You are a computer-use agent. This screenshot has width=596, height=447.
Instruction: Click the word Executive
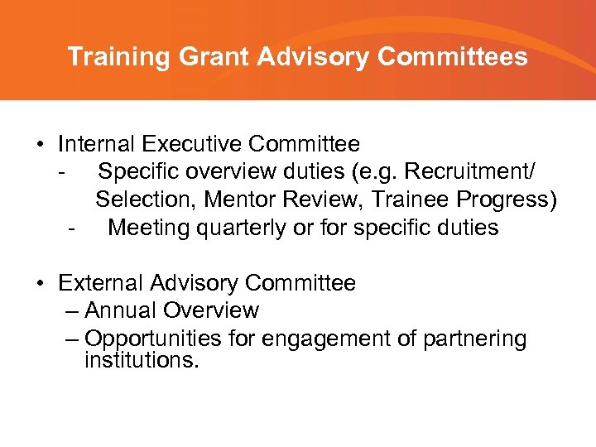pyautogui.click(x=192, y=144)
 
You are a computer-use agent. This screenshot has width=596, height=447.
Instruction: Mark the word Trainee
pyautogui.click(x=414, y=199)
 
